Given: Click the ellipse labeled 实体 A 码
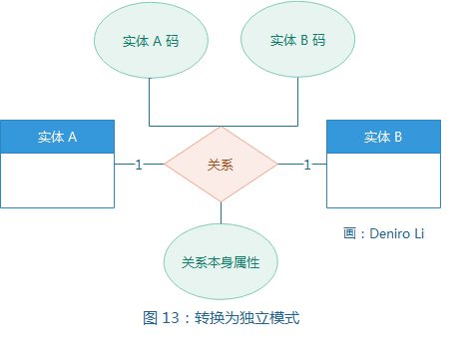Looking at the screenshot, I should point(150,41).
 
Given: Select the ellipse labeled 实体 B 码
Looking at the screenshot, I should point(297,41).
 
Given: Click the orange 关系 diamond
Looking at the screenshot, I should point(221,165).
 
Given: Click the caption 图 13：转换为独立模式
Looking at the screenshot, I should point(221,318).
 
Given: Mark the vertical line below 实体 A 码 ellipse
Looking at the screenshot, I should point(150,100).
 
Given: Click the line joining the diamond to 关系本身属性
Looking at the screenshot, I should point(221,212).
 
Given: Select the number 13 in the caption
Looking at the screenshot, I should point(167,318).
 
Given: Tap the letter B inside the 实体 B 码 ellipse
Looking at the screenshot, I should point(303,41).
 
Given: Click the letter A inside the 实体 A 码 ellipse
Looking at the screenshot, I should point(157,42).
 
